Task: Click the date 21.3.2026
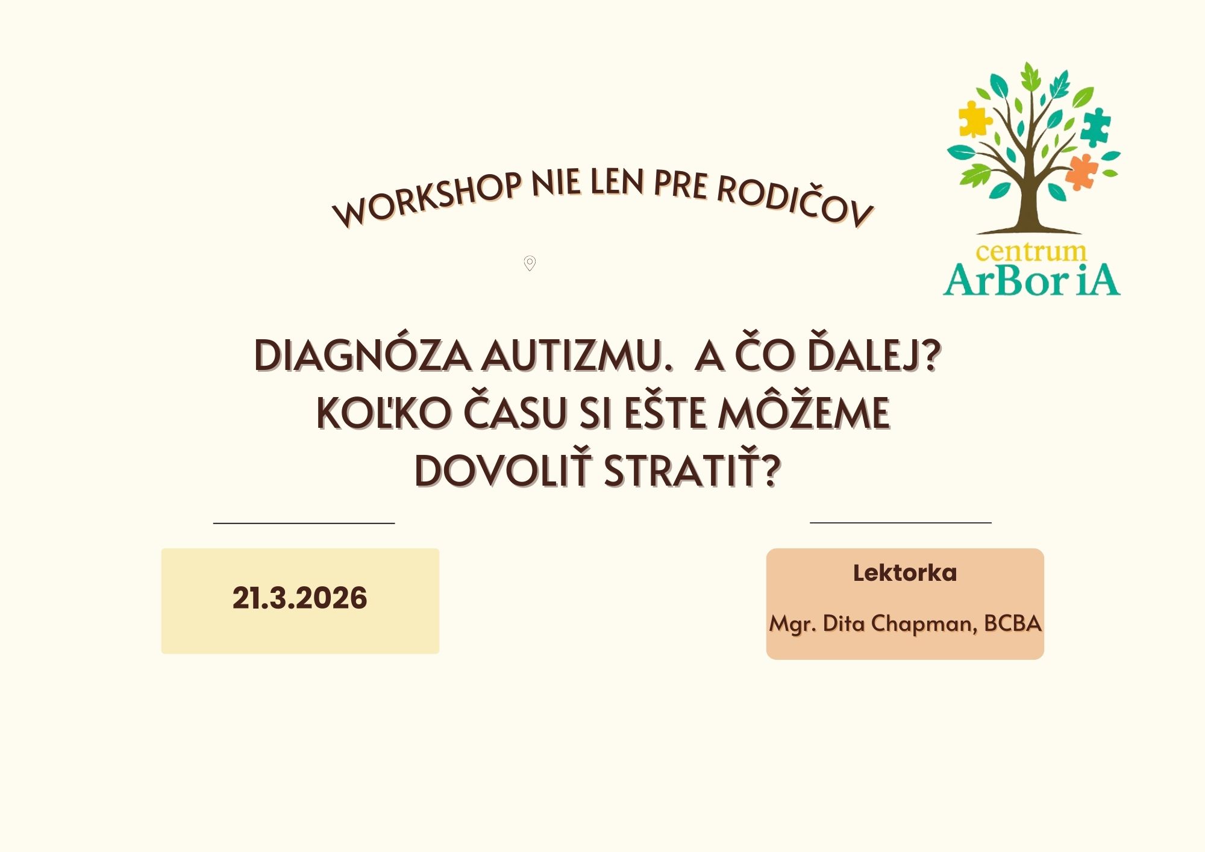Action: [299, 598]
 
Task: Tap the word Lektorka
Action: [905, 573]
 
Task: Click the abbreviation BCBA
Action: [1013, 623]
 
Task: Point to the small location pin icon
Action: [530, 263]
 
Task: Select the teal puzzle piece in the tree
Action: [1095, 127]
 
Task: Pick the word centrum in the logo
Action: [1031, 252]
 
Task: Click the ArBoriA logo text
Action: [1031, 281]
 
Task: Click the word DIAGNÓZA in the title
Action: [363, 355]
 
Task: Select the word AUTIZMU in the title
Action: [577, 355]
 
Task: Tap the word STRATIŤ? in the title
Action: [693, 469]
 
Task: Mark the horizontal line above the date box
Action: [304, 523]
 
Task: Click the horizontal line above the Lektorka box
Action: [901, 522]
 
